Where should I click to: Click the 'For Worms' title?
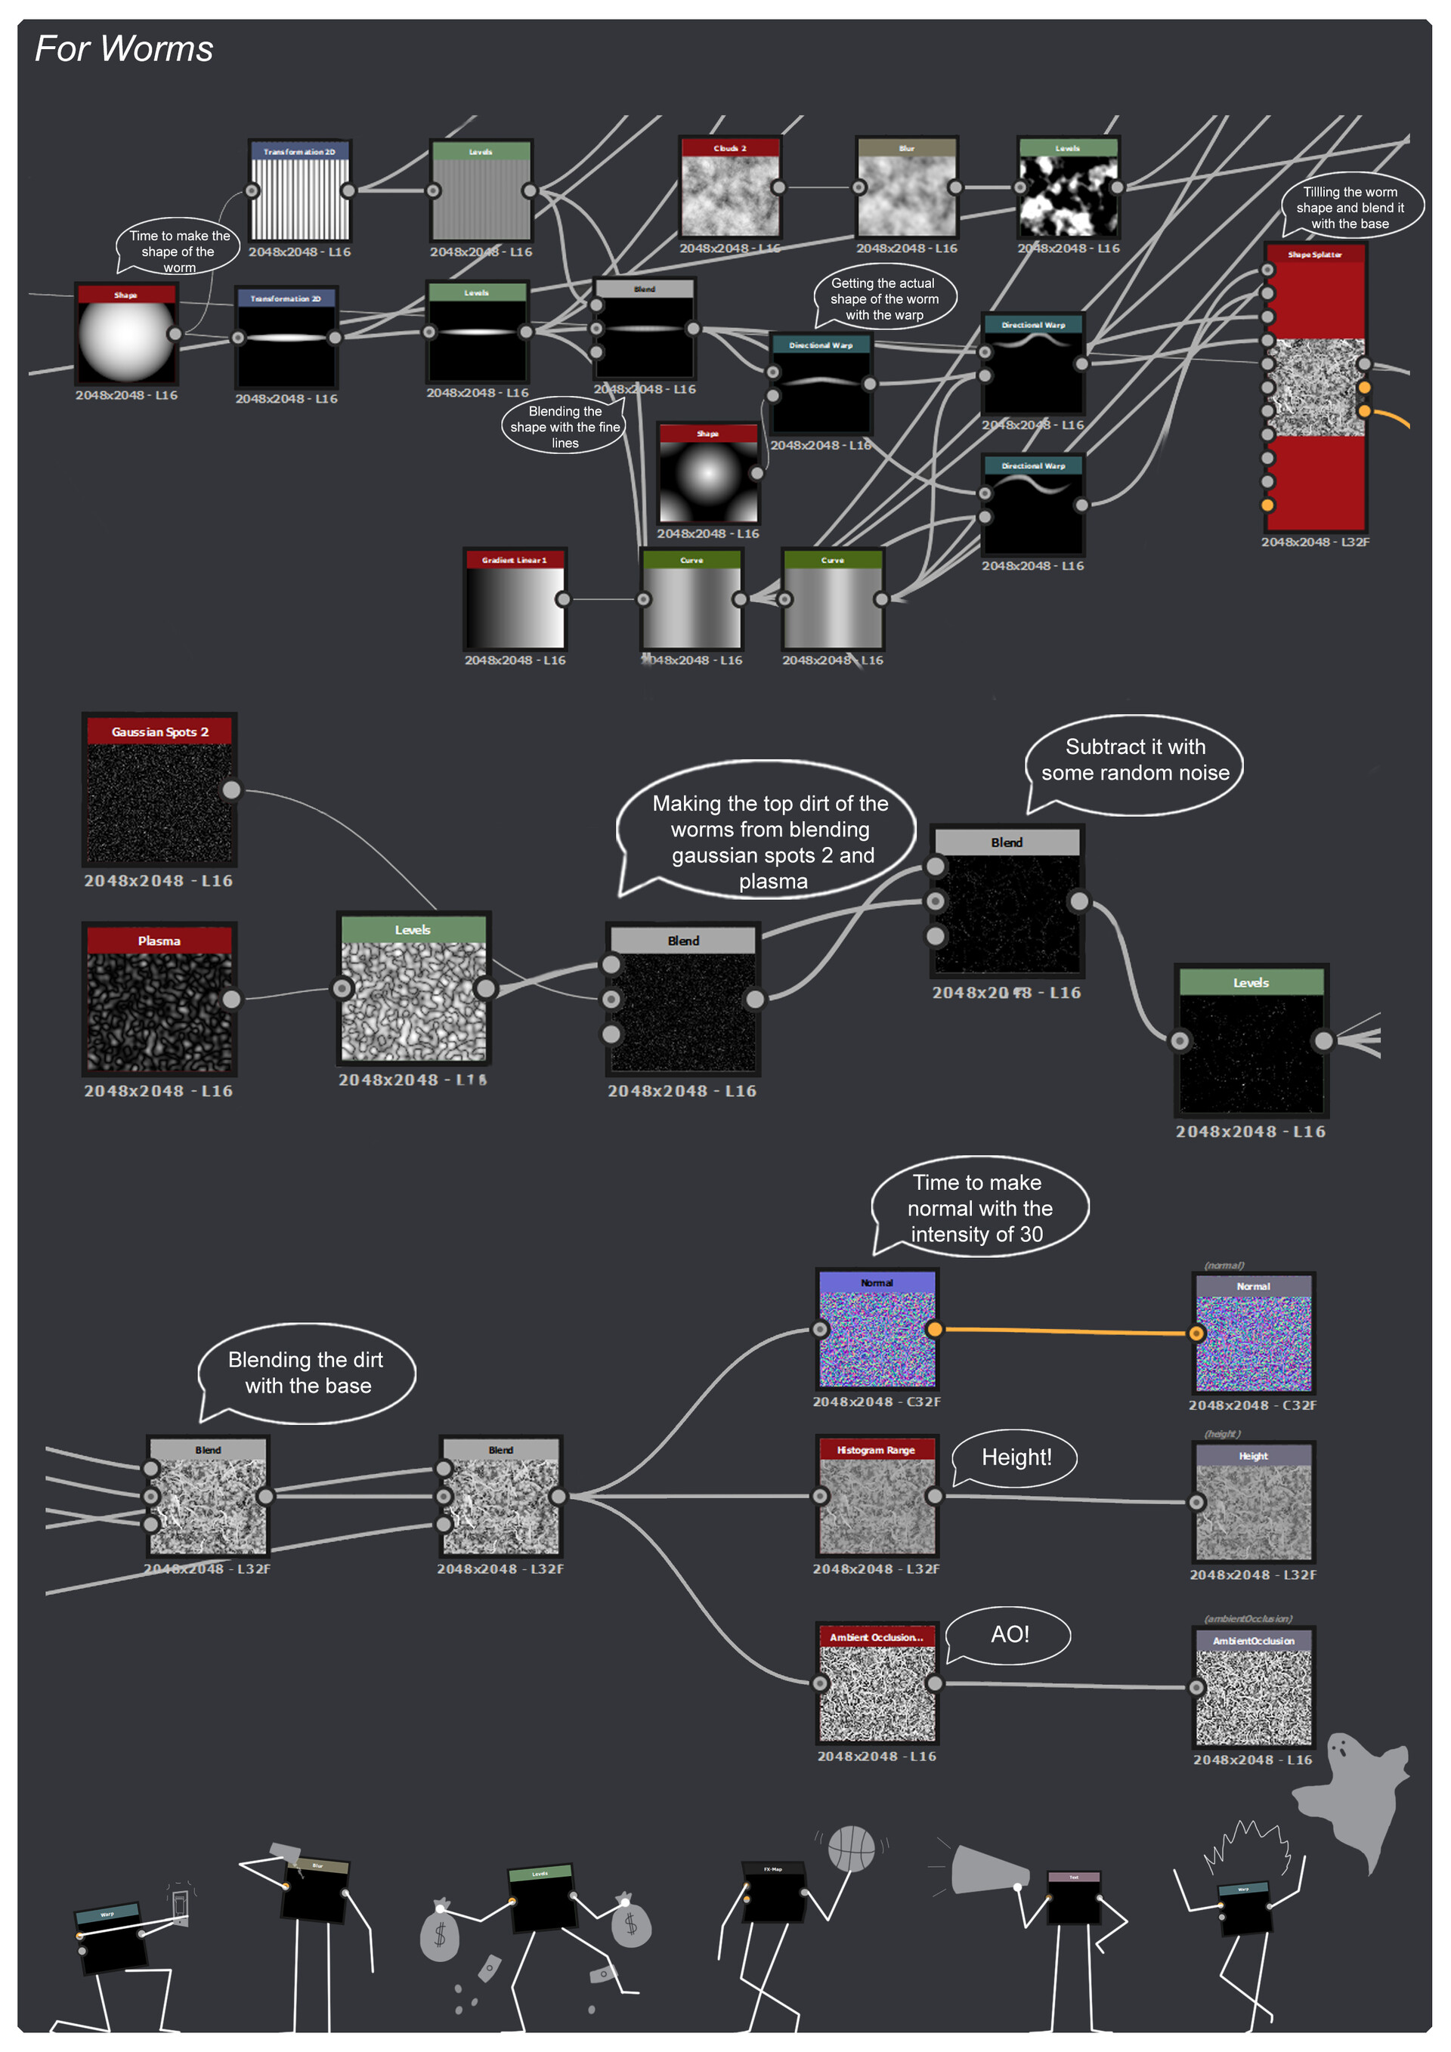click(123, 49)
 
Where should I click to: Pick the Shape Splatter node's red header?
click(1314, 255)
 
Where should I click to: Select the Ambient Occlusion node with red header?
click(876, 1684)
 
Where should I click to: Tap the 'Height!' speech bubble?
click(1016, 1457)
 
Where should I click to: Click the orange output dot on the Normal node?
click(934, 1329)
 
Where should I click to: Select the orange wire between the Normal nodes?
click(1064, 1330)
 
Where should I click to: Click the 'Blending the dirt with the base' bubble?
click(307, 1372)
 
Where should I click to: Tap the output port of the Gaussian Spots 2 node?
click(231, 790)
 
